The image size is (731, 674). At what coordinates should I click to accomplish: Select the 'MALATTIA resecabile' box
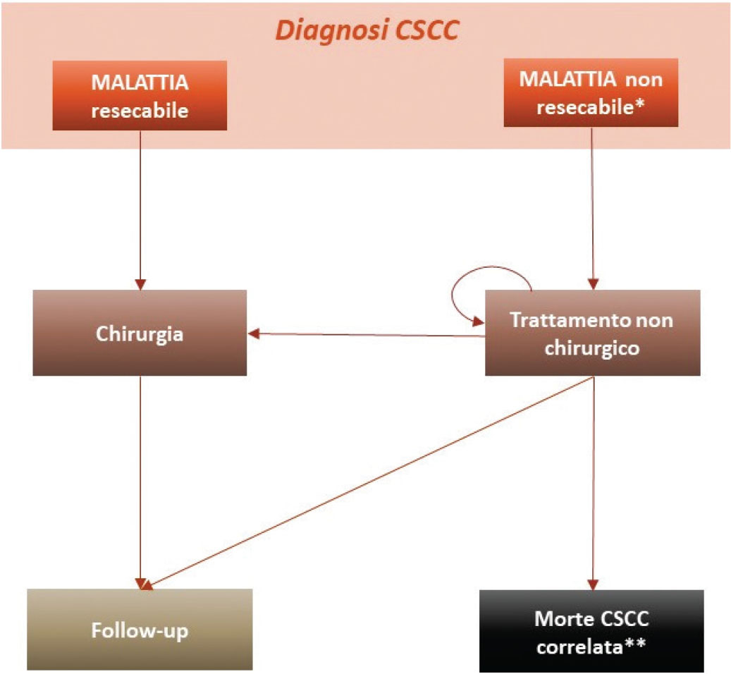point(140,95)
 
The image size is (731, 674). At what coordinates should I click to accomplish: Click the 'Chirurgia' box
point(140,333)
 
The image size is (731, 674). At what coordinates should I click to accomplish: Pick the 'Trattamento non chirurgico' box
point(592,333)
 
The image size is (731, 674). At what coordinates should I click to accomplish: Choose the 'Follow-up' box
point(140,630)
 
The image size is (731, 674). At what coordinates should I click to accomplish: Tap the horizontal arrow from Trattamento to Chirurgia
point(367,334)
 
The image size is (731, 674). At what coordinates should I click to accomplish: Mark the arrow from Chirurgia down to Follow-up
point(140,479)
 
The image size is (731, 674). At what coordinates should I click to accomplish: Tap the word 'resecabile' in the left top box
point(139,110)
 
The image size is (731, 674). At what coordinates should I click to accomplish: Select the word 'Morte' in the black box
point(561,620)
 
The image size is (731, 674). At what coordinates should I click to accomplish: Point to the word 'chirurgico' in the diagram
point(592,348)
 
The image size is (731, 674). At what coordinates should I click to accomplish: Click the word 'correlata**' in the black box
point(592,646)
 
